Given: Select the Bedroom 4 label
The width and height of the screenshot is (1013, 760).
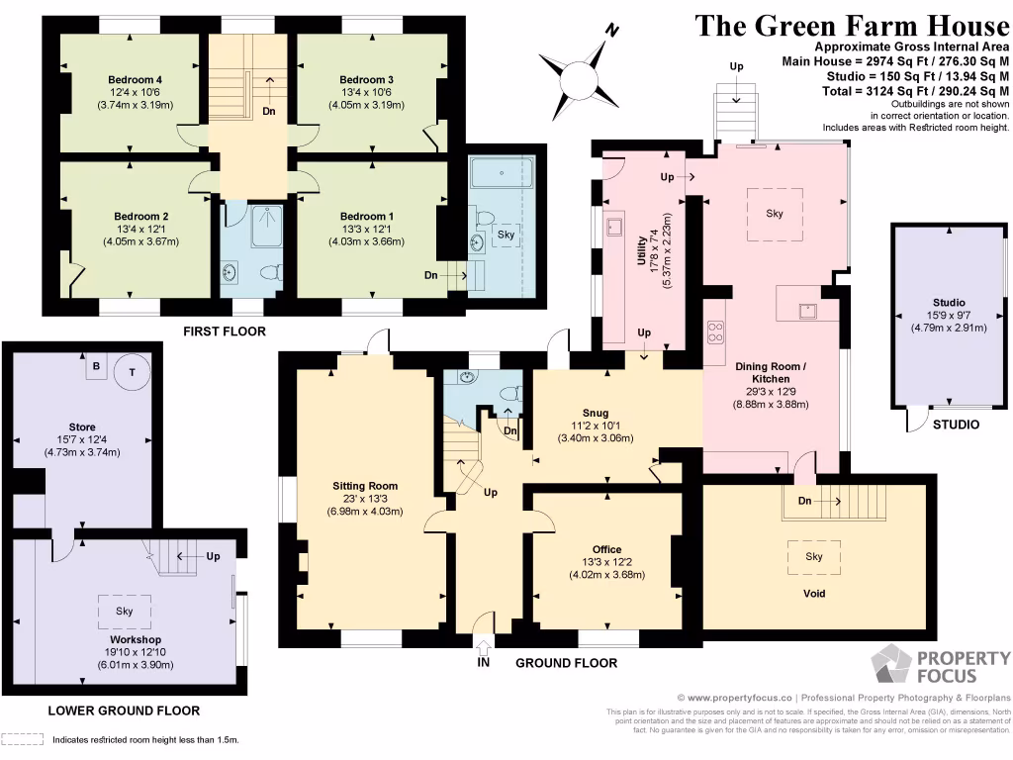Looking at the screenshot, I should point(134,79).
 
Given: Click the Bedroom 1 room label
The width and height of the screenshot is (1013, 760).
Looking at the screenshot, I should point(367,216).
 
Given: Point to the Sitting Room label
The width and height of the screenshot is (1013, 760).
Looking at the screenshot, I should point(365,486).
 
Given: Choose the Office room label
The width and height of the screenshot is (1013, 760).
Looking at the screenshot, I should point(606,549).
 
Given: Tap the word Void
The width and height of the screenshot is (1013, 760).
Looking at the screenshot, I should point(814,594).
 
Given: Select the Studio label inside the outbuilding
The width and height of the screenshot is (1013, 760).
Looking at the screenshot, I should point(948,303).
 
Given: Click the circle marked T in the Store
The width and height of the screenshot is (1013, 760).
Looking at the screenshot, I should point(131,373).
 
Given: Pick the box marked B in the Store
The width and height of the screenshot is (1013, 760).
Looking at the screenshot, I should point(96,365).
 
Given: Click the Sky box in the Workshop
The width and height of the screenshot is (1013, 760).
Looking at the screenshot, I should point(125,612).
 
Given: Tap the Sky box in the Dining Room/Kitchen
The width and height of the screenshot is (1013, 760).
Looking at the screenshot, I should point(775,213).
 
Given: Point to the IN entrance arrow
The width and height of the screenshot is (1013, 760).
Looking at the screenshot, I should point(483,648).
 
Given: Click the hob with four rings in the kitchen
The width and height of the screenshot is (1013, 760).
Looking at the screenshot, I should point(715,332).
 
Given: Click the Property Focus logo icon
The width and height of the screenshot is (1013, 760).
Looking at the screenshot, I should point(891,666).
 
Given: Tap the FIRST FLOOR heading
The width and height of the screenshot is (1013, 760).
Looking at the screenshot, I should point(225,332).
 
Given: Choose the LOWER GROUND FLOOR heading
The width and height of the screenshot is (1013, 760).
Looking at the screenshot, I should point(124,711).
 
